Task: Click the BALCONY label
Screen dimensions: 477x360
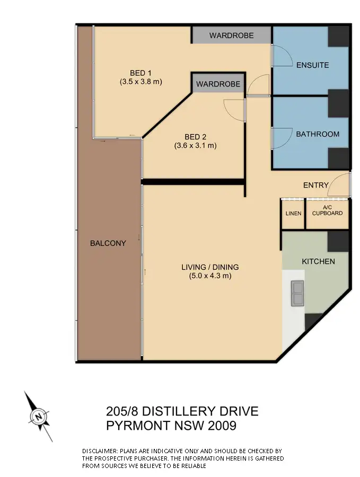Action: (x=108, y=243)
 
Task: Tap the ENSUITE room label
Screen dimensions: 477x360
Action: (x=312, y=65)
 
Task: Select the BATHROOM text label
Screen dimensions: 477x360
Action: (x=317, y=134)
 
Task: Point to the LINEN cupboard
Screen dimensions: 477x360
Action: (x=293, y=214)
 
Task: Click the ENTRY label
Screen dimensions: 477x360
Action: (x=315, y=185)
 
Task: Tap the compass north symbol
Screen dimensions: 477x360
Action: (x=39, y=417)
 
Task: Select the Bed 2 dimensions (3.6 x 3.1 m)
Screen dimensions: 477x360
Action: (x=196, y=145)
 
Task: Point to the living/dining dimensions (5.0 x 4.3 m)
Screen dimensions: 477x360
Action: (x=210, y=276)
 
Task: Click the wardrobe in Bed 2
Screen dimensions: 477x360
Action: (x=218, y=84)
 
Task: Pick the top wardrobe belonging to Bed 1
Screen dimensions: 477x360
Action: (x=231, y=36)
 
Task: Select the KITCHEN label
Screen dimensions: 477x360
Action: (x=318, y=261)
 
